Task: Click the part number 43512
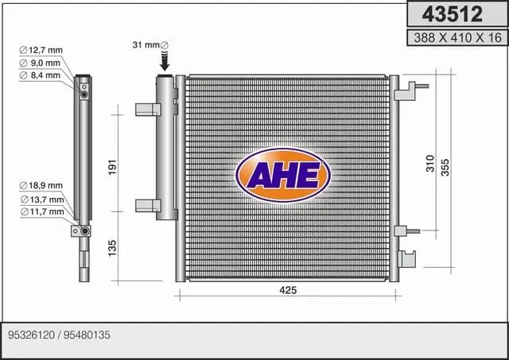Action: point(453,14)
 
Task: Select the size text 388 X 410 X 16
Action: point(458,38)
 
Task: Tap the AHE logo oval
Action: point(283,175)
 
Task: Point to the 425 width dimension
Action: point(288,290)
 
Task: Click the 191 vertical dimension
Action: point(112,167)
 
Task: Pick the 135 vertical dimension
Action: point(112,248)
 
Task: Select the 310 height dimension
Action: point(430,164)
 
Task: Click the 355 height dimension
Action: point(445,168)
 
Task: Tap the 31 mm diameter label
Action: point(150,45)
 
